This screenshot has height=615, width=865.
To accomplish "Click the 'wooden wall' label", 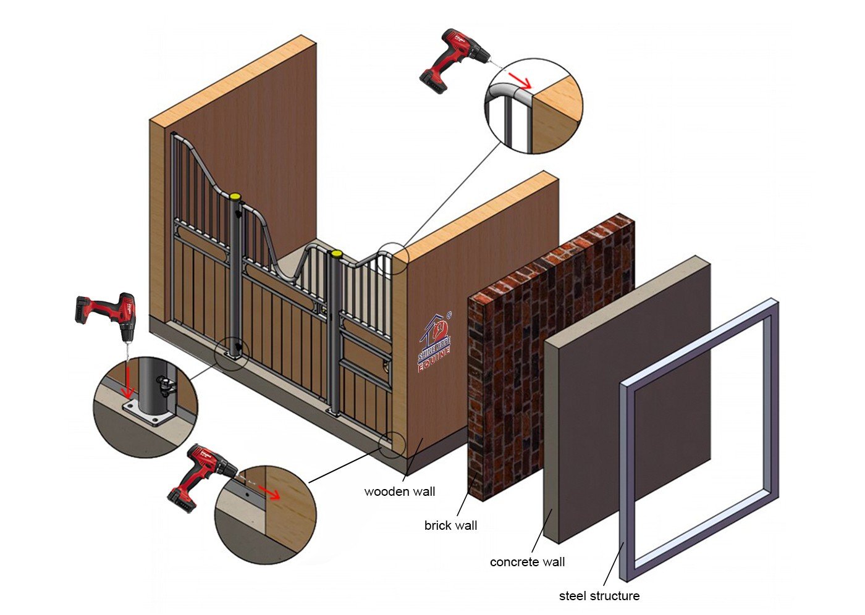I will tap(399, 492).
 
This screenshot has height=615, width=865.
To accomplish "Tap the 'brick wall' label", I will tap(450, 525).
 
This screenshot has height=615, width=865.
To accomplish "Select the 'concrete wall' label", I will tap(527, 562).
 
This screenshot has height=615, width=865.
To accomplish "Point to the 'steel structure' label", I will tap(599, 596).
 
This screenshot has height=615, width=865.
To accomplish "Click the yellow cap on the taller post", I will tap(235, 195).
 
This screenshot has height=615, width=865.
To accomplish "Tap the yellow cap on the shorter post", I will tap(336, 254).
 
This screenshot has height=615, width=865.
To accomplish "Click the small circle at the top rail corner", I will tap(393, 259).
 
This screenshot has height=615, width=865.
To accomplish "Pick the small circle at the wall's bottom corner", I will tap(392, 445).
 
